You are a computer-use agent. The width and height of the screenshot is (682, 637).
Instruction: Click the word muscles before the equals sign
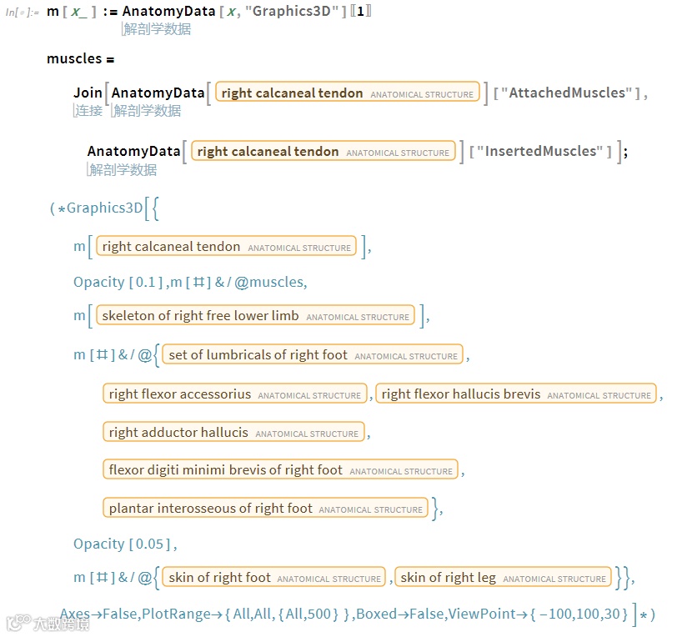click(x=74, y=59)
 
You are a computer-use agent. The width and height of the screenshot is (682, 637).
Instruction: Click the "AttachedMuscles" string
click(x=566, y=93)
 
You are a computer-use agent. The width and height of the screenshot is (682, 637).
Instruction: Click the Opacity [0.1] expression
click(x=118, y=282)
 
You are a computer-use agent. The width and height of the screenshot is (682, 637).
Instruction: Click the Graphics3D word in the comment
click(x=104, y=208)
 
